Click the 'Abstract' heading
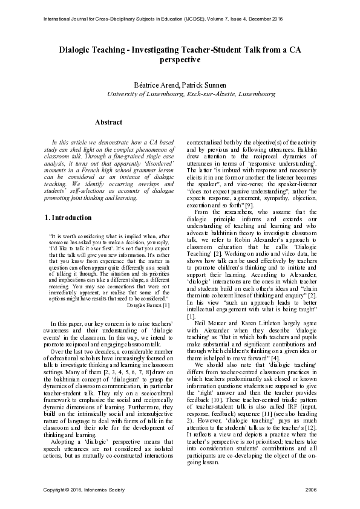click(109, 122)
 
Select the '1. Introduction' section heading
click(69, 216)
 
